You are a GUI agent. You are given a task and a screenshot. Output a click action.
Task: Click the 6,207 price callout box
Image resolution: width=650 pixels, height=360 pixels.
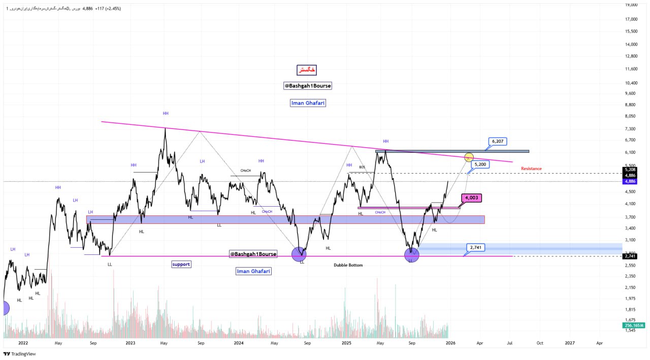[498, 141]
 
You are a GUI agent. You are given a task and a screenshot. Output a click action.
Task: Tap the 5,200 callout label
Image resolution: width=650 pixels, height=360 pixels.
[480, 165]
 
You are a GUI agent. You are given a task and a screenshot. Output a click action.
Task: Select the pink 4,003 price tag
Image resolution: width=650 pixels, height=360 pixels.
[471, 198]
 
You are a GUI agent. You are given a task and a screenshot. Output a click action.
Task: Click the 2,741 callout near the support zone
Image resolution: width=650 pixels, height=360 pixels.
[475, 247]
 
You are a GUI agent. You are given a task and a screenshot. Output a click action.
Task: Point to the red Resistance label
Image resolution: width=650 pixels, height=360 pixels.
[531, 169]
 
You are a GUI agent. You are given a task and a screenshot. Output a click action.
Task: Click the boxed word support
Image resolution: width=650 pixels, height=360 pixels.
[180, 265]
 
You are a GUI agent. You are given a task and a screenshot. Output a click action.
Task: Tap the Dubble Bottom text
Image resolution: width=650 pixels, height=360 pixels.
[348, 265]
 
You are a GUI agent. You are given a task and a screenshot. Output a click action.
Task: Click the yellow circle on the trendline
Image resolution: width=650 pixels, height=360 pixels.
[469, 158]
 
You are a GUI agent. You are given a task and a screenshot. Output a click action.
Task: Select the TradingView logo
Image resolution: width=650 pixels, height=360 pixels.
[20, 354]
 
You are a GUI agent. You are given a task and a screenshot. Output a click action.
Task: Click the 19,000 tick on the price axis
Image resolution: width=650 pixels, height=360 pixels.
[631, 5]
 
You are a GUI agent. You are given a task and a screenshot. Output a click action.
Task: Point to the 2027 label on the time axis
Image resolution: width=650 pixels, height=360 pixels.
[570, 343]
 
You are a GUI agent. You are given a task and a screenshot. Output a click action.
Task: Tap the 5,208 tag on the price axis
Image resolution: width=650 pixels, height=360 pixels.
[630, 170]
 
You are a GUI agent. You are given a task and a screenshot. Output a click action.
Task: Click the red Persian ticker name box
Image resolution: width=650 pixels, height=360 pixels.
[307, 70]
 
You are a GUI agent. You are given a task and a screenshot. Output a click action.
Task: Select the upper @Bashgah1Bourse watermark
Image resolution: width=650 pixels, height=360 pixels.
[308, 86]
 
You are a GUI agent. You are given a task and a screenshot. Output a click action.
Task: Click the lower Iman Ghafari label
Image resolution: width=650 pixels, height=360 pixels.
[253, 271]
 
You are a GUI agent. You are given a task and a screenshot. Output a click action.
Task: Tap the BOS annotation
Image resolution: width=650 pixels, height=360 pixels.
[362, 167]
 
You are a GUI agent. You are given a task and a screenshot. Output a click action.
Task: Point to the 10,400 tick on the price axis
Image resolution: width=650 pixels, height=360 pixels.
[631, 83]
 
